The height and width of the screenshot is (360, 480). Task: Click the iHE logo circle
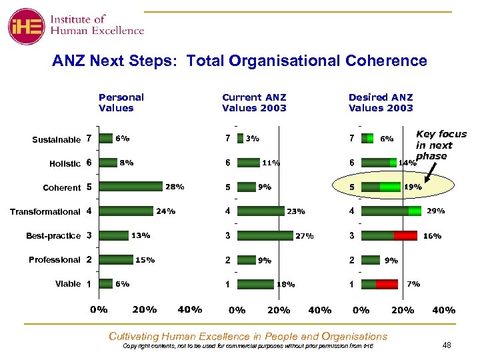pos(25,26)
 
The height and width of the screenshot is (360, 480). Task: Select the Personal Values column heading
pos(121,103)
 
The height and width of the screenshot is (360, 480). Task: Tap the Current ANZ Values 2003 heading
pos(254,103)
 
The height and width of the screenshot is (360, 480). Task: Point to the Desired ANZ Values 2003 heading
pos(381,103)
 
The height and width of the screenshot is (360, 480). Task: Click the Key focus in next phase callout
pos(441,145)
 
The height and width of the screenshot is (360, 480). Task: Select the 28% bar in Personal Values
pos(130,187)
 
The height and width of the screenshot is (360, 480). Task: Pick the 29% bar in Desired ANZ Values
pos(391,211)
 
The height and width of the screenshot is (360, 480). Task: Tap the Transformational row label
pos(45,212)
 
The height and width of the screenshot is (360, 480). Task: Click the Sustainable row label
pos(56,139)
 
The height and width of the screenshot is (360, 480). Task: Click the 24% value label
pos(165,212)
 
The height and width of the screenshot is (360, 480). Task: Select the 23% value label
pos(296,212)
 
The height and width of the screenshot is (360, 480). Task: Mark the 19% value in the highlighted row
pos(413,187)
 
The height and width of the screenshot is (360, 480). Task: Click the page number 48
pos(446,345)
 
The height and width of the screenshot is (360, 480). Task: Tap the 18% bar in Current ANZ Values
pos(255,283)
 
